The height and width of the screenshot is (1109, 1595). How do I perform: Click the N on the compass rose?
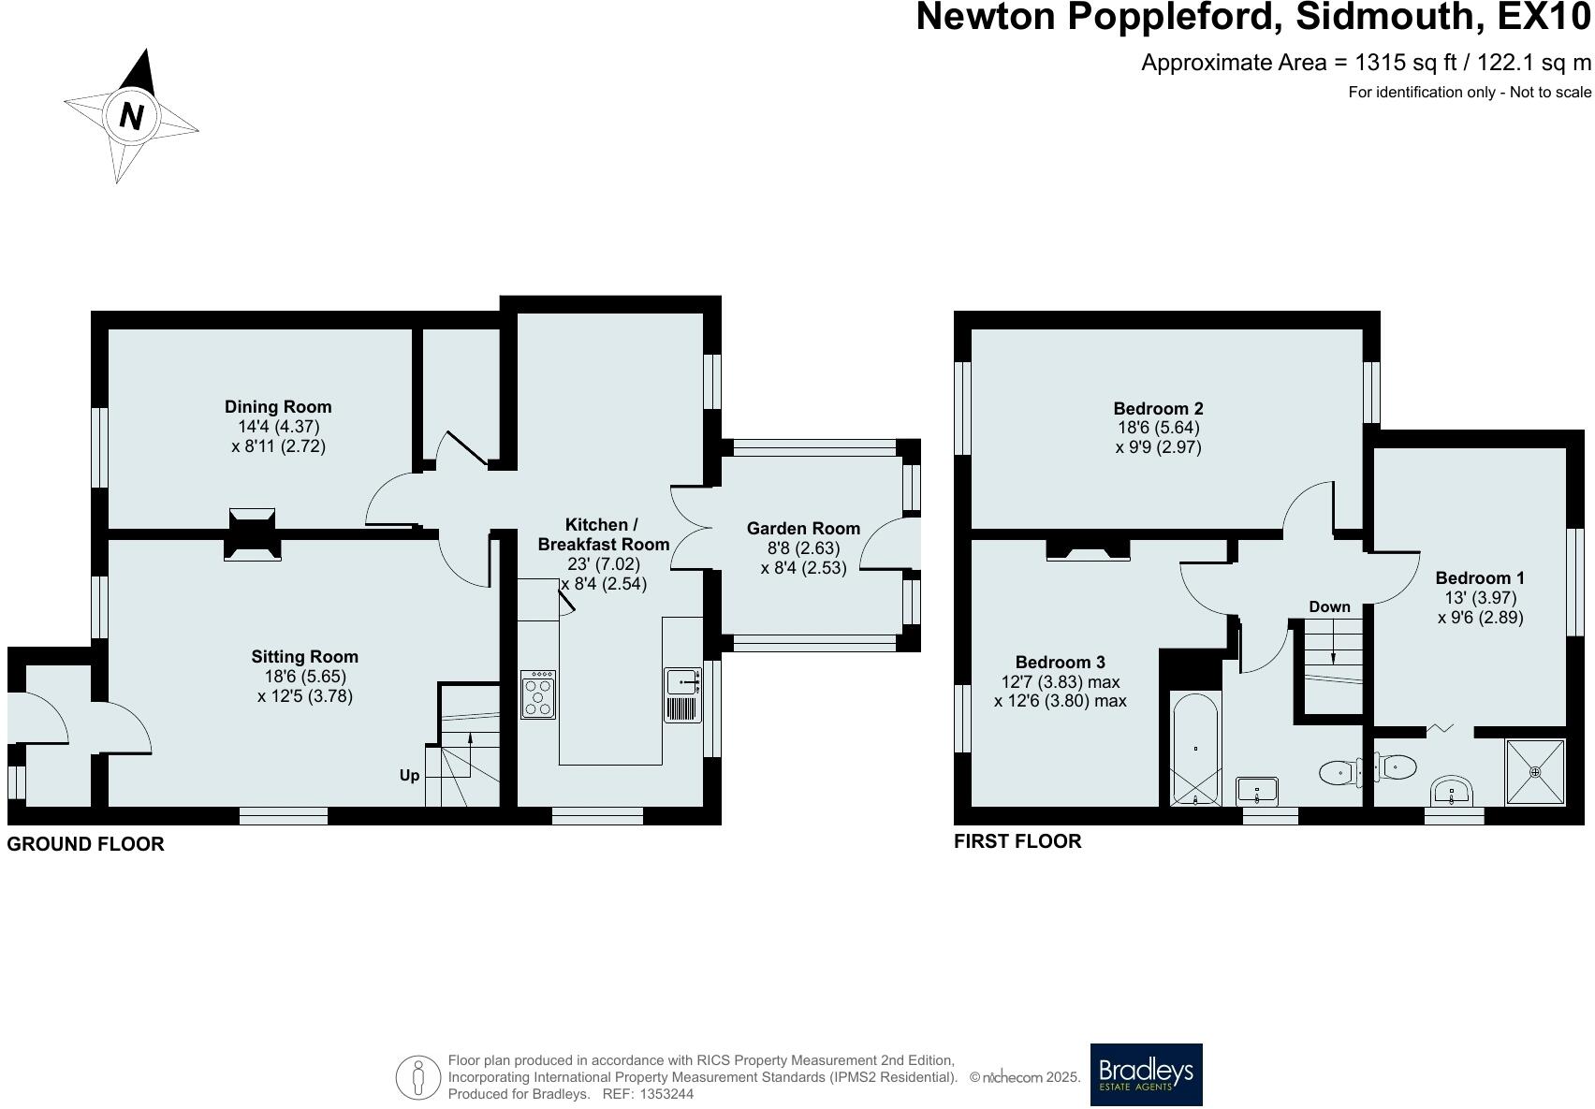132,116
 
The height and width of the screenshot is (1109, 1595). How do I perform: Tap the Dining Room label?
278,406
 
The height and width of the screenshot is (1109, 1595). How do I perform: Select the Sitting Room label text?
304,656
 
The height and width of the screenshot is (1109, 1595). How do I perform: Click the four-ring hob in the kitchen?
538,694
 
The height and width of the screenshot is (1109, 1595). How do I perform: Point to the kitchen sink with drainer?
683,694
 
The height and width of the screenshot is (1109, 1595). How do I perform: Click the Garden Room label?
803,528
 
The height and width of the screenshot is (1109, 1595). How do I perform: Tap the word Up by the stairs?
409,775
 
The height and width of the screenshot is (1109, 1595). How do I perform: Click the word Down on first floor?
1329,606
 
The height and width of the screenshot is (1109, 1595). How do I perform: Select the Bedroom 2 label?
1158,408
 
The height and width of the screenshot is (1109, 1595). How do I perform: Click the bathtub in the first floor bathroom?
1196,749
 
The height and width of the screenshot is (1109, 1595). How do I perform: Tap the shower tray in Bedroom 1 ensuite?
1534,772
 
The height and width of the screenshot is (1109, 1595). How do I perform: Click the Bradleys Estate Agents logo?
1146,1074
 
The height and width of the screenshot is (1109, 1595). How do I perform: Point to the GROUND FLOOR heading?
85,843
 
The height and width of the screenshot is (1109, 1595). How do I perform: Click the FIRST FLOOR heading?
1017,840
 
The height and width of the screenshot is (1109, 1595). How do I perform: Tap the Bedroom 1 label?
1479,577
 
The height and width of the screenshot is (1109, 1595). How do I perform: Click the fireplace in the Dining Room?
253,519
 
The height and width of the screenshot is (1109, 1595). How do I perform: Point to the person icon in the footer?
417,1078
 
